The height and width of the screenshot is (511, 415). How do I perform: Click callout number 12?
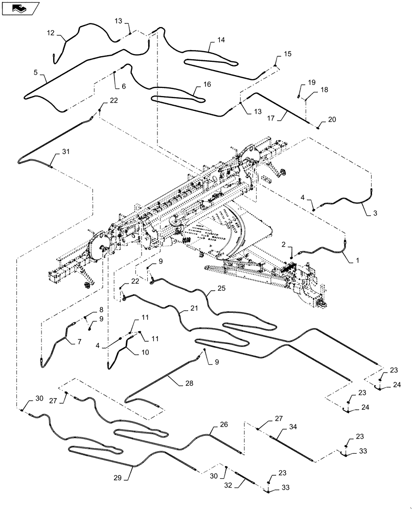[51, 33]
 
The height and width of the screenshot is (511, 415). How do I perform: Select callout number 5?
[36, 73]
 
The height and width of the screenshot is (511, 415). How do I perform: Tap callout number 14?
[221, 40]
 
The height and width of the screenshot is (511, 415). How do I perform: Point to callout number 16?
[206, 85]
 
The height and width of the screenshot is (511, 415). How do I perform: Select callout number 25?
[221, 288]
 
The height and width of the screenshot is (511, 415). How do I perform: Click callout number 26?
[223, 424]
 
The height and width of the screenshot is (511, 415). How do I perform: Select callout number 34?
[292, 427]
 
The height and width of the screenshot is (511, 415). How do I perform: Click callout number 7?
[79, 341]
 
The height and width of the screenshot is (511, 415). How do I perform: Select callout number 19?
[311, 82]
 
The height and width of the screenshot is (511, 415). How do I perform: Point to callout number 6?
[123, 86]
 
